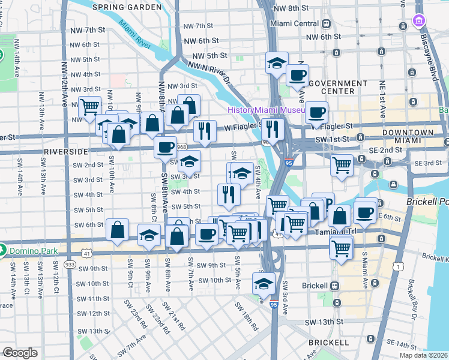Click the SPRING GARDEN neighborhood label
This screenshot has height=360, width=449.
[x=127, y=7]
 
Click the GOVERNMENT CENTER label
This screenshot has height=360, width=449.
[x=334, y=87]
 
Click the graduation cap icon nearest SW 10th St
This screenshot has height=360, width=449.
[x=263, y=281]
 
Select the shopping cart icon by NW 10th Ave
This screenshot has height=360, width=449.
[x=89, y=107]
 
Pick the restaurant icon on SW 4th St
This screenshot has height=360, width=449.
[x=229, y=193]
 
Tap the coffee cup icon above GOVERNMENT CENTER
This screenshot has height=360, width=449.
[x=297, y=76]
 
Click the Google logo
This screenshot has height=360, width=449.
[x=20, y=353]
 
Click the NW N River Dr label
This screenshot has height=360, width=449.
[x=209, y=71]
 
